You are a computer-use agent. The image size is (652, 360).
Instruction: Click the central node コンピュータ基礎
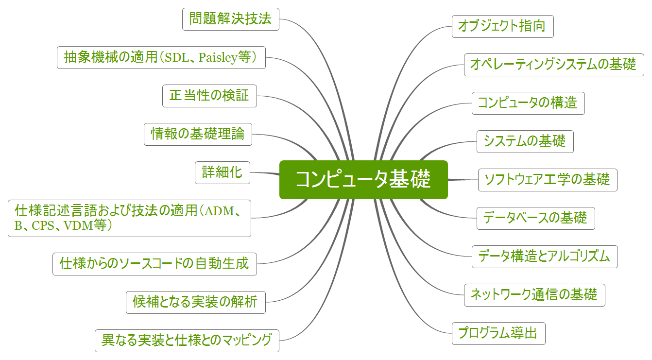coord(363,179)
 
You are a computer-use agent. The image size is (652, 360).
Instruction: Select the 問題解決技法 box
coord(231,19)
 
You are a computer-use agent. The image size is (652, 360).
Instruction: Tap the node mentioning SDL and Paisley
coord(161,57)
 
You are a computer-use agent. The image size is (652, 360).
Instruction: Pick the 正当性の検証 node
coord(209,96)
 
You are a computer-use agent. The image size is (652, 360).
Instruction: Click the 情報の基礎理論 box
coord(198,134)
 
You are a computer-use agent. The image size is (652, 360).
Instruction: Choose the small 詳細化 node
coord(223,172)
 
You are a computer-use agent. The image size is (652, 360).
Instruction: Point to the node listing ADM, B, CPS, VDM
coord(129,218)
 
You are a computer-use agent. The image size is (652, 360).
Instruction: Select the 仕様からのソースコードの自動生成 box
coord(154,263)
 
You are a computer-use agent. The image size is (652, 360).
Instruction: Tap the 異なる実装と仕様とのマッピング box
coord(187,340)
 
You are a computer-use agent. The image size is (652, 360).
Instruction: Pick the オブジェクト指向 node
coord(502,26)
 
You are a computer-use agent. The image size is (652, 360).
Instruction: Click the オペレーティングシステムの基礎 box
coord(554,65)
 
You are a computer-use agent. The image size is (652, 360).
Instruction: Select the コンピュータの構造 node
coord(528,103)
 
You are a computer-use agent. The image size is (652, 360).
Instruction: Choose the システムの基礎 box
coord(525,141)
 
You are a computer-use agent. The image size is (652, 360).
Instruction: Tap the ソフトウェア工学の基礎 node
coord(548,180)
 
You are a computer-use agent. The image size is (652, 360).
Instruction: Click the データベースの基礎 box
coord(535,218)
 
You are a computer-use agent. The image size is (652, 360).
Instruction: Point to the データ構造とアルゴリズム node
coord(545,257)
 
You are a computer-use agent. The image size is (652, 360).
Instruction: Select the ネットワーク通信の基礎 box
coord(534,295)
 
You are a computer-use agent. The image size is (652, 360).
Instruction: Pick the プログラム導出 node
coord(498,333)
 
